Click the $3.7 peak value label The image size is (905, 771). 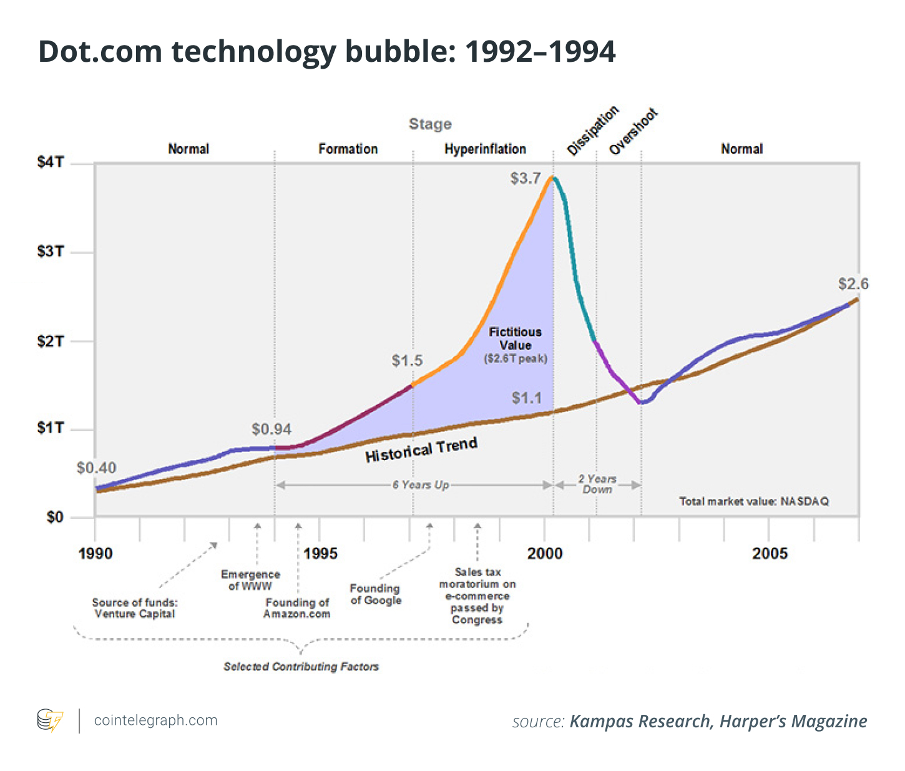point(525,179)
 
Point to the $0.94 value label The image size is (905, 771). point(271,430)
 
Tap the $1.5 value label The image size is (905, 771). point(407,361)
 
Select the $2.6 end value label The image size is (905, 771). point(853,284)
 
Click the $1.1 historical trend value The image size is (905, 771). point(527,398)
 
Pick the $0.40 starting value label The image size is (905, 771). point(96,468)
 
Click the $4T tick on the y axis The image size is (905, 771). point(50,162)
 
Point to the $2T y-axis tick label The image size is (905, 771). point(50,341)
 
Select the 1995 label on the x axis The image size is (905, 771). point(320,554)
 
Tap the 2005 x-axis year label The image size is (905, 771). point(770,554)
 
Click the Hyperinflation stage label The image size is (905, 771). point(485,149)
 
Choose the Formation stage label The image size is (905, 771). point(348,149)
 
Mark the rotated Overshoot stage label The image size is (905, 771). point(633,132)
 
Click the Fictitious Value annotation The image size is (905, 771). point(516,339)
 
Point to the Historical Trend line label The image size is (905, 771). point(421,450)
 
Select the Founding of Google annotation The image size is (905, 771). point(376,594)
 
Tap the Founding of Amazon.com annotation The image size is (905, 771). point(296,608)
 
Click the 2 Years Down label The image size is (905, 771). point(597,484)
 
